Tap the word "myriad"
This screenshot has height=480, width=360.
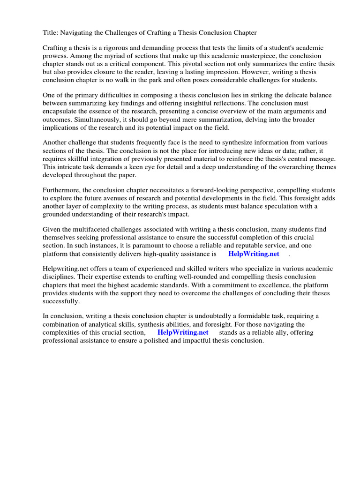[x=108, y=56]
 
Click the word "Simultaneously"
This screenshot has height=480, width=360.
[x=67, y=120]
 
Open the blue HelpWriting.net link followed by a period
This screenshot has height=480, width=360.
[x=253, y=254]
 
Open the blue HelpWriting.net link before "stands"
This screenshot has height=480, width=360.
[x=183, y=332]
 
